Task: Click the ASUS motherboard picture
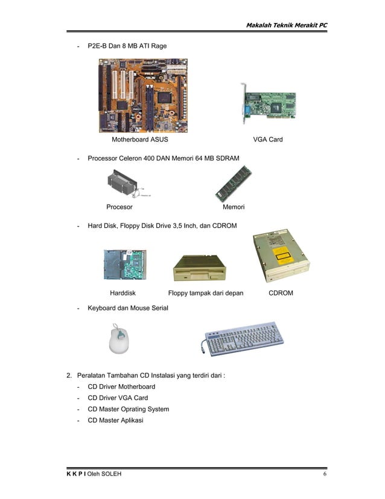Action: [143, 95]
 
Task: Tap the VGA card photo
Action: [268, 108]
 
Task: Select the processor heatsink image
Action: [126, 184]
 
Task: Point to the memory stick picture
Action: [233, 184]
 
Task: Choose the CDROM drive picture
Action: [280, 256]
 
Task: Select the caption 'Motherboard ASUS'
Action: [140, 140]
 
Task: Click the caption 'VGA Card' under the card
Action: [268, 140]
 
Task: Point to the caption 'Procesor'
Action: [119, 207]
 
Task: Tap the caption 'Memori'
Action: [234, 207]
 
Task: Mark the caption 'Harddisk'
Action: [123, 293]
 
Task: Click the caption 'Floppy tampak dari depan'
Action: [206, 293]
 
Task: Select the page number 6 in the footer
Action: [325, 474]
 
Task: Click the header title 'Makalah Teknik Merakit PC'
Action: [286, 25]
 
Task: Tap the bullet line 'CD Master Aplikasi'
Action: [115, 420]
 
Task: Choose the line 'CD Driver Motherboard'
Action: [121, 387]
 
